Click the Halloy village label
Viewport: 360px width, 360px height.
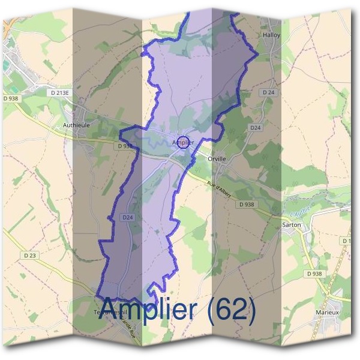click(x=272, y=35)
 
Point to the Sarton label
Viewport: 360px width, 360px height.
click(x=291, y=225)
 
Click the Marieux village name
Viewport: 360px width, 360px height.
click(x=328, y=313)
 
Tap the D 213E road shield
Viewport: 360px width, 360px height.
click(x=61, y=93)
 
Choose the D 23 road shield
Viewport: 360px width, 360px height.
click(x=31, y=255)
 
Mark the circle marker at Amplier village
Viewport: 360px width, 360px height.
click(x=184, y=142)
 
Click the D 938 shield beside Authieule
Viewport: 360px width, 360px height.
click(x=125, y=146)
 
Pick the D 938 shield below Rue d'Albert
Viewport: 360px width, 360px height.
click(x=247, y=205)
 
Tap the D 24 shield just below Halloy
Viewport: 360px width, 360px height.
click(x=268, y=93)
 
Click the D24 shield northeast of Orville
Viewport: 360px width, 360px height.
click(x=256, y=128)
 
